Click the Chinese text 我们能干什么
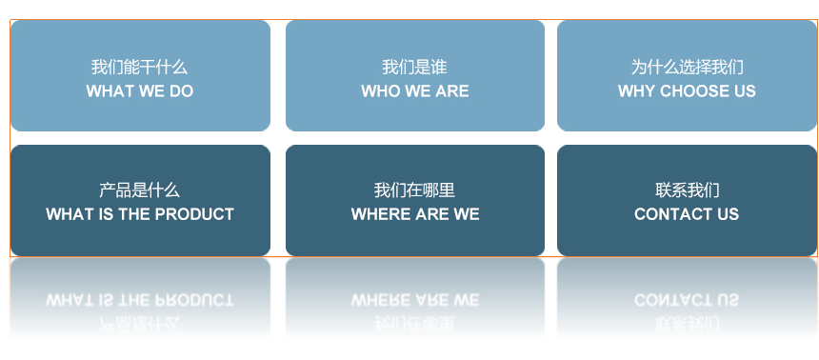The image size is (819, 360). [x=139, y=68]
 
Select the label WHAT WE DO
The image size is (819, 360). [x=139, y=91]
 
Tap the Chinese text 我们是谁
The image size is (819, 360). [x=414, y=68]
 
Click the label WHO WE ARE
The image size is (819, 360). [x=414, y=91]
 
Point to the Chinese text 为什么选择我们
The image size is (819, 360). [x=687, y=68]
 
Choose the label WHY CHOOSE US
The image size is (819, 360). [x=687, y=91]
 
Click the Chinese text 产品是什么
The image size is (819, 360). [x=139, y=190]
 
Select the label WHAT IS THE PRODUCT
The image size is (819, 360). [x=139, y=214]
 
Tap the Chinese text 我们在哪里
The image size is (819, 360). [x=414, y=190]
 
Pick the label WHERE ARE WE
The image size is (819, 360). [x=414, y=214]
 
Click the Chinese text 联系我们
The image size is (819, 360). [x=687, y=190]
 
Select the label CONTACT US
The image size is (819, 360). [x=687, y=214]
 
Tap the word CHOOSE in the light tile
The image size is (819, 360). [x=694, y=91]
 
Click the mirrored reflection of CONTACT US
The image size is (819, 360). [x=687, y=300]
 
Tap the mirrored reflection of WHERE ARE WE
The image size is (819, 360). [x=414, y=300]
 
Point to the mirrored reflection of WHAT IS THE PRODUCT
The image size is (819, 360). [x=139, y=300]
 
